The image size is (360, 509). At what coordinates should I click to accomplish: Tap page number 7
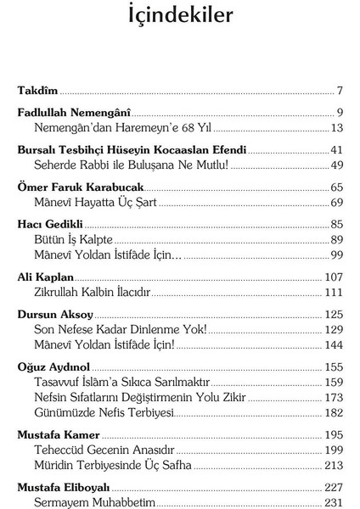(339, 90)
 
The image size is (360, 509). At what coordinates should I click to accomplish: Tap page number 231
(333, 502)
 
